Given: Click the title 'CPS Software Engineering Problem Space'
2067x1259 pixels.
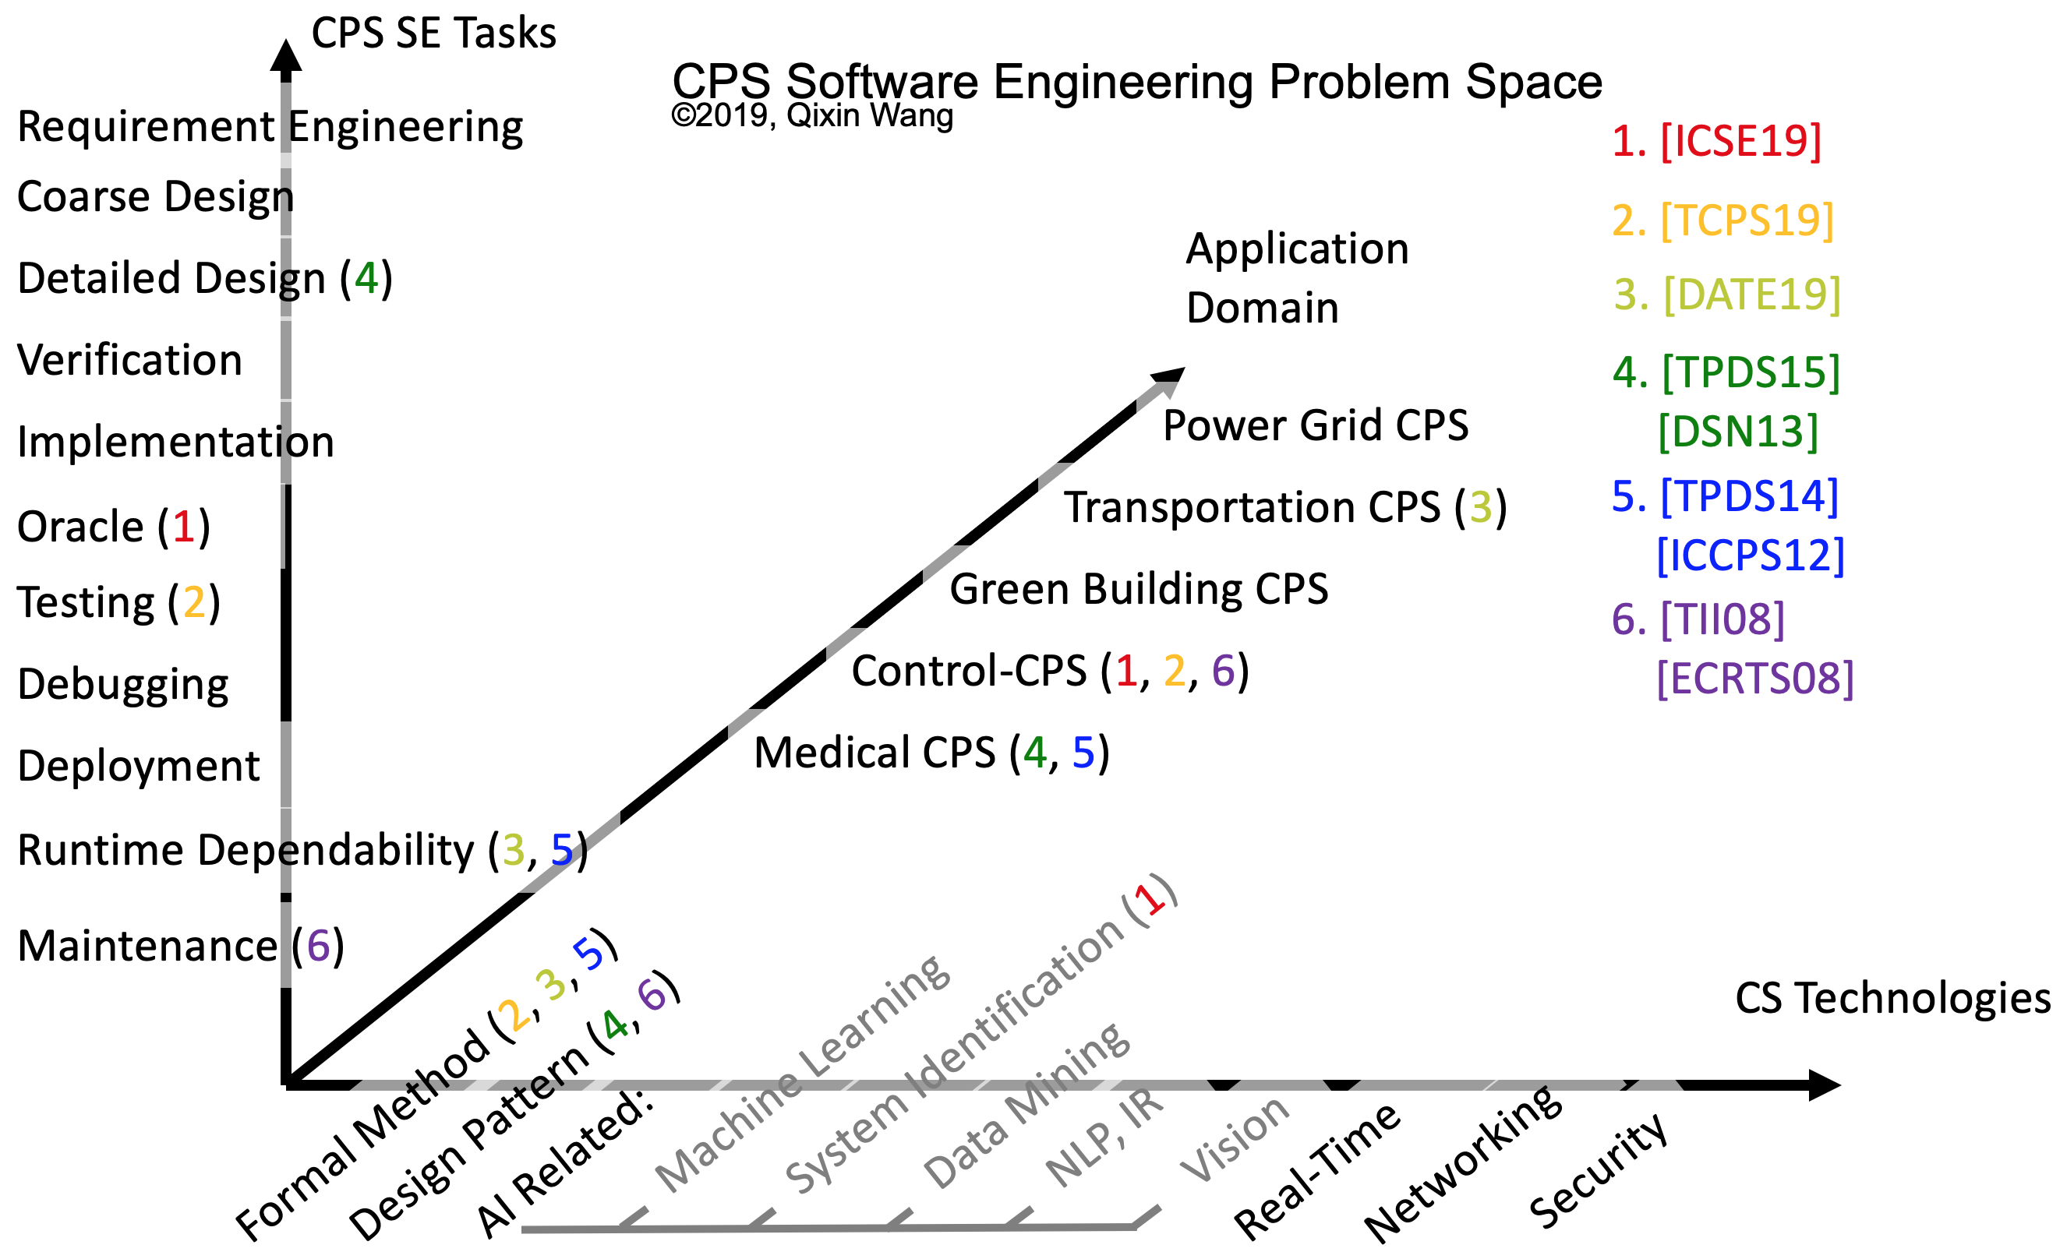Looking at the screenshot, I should (x=1136, y=83).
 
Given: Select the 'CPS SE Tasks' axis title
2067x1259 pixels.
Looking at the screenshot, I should (x=433, y=34).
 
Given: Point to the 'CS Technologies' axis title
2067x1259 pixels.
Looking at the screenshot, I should (x=1892, y=998).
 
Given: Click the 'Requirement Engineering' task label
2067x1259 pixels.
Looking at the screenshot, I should (x=270, y=128).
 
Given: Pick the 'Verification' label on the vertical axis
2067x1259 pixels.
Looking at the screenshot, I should (x=130, y=361).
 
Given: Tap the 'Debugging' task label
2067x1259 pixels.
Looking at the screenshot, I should (x=123, y=685).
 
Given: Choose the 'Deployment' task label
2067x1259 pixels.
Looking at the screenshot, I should (x=139, y=766).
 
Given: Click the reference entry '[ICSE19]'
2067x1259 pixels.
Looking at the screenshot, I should (x=1740, y=140).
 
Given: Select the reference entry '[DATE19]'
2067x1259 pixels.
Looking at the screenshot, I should (x=1751, y=294).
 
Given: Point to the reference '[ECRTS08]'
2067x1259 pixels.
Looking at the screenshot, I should (x=1755, y=679).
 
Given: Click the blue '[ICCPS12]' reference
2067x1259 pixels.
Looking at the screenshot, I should (x=1750, y=555).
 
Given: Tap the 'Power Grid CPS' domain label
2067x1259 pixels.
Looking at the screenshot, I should (x=1316, y=425).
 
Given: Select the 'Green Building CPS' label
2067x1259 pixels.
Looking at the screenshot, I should (x=1139, y=589).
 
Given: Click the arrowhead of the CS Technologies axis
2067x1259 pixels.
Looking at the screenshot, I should (x=1824, y=1084).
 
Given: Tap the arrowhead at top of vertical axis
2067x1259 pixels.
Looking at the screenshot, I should (x=286, y=57).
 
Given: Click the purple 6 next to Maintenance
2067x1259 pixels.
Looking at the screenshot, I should (x=318, y=946).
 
